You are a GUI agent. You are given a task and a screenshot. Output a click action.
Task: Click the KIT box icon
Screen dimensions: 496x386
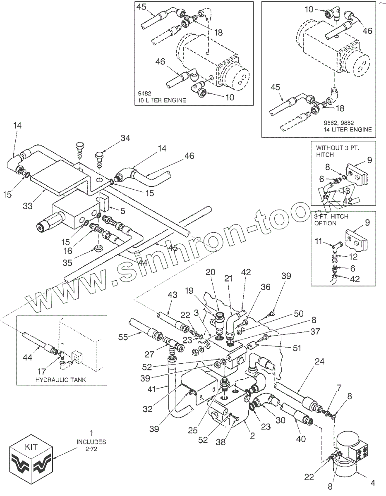(x=31, y=459)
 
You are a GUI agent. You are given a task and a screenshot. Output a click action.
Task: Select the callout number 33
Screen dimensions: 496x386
(x=28, y=206)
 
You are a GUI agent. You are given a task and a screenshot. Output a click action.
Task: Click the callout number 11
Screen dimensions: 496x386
(x=319, y=241)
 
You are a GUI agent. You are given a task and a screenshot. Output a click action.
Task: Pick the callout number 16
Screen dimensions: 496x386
(x=68, y=250)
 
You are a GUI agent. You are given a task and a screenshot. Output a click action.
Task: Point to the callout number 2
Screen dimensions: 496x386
(x=252, y=435)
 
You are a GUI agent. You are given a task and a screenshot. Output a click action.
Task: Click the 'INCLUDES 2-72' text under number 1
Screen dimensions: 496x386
(x=91, y=445)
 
